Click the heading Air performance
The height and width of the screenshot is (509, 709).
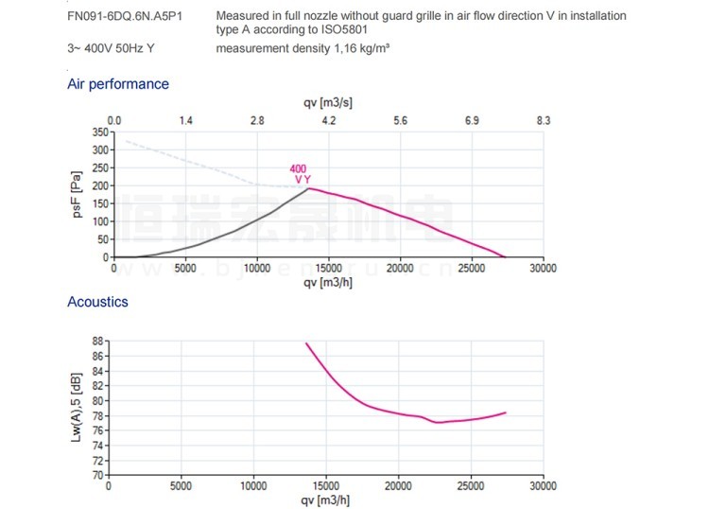pyautogui.click(x=118, y=84)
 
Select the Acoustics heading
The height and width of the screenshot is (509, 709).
pyautogui.click(x=97, y=302)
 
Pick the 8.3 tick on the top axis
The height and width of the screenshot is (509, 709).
pyautogui.click(x=543, y=121)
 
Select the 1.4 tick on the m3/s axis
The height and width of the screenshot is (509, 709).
pyautogui.click(x=186, y=121)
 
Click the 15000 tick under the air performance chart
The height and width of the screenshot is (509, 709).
pyautogui.click(x=328, y=269)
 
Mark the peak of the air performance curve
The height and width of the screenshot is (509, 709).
pyautogui.click(x=308, y=188)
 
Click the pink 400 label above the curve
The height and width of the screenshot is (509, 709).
pyautogui.click(x=298, y=168)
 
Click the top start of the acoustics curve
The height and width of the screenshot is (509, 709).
pyautogui.click(x=306, y=343)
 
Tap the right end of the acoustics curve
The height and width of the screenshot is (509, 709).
pyautogui.click(x=507, y=412)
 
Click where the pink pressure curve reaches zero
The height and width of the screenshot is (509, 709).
pyautogui.click(x=505, y=257)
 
